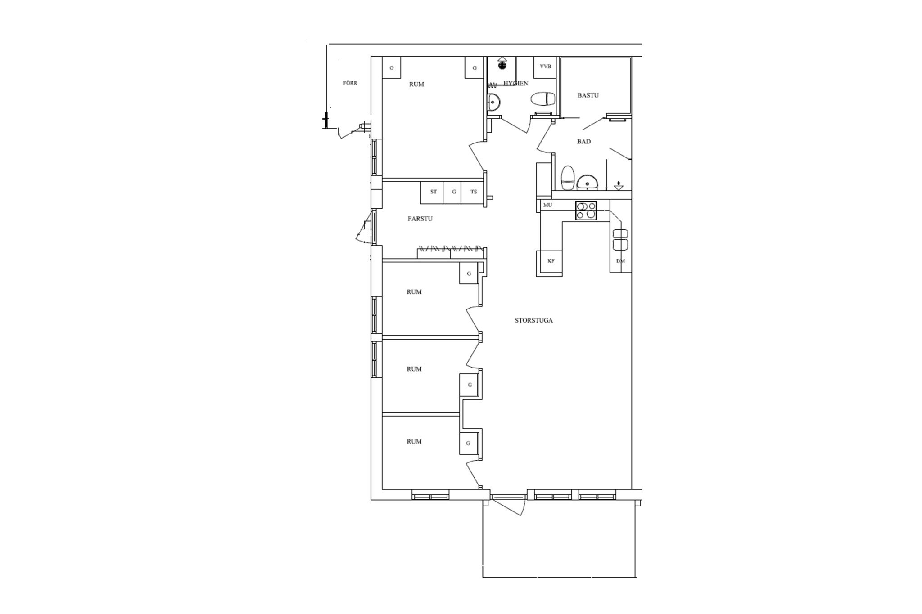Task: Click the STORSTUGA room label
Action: (533, 321)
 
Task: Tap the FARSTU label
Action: (420, 219)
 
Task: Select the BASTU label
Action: (588, 95)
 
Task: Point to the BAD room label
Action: (584, 141)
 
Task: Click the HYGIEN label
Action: (516, 83)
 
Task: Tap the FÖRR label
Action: (350, 83)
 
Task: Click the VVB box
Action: (545, 67)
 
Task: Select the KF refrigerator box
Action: (551, 261)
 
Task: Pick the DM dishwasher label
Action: (620, 261)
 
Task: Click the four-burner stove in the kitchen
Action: (586, 211)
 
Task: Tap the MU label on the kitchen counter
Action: (547, 205)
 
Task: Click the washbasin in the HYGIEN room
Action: (494, 103)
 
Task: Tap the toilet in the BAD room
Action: (568, 178)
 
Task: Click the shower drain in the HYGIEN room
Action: (502, 66)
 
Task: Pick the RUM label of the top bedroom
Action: (416, 84)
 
